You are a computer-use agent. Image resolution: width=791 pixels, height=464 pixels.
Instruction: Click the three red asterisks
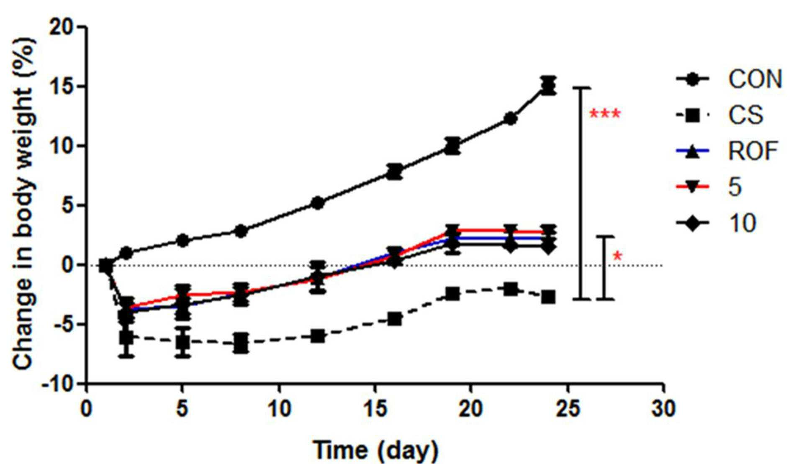605,115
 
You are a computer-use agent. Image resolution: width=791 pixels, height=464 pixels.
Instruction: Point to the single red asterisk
617,256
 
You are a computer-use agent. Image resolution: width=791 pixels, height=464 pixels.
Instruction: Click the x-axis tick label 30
664,408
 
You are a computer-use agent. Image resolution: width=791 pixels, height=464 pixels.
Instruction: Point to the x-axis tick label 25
568,408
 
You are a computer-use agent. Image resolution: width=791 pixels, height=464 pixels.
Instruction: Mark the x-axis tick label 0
87,408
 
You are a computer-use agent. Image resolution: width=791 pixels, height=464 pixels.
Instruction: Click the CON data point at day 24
548,87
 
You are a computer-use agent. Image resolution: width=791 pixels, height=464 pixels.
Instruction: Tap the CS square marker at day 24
548,297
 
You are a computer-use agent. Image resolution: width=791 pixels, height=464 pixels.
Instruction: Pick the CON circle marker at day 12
318,203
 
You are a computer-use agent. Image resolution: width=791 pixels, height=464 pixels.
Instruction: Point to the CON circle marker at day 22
510,119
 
